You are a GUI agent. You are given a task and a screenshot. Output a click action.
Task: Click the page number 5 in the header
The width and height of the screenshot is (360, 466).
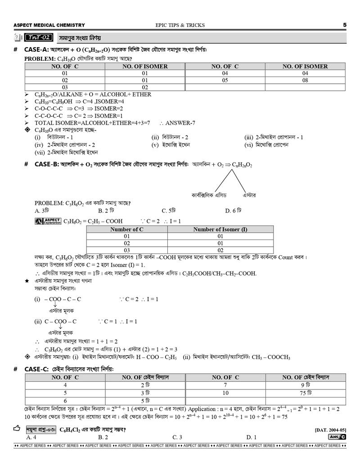click(344, 25)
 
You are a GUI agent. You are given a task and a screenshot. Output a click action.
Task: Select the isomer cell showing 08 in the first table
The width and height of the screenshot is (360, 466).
click(305, 80)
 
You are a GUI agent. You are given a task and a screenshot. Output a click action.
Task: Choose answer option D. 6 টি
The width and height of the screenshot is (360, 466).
click(233, 210)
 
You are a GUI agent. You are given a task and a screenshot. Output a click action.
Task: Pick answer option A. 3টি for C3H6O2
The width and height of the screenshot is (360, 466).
click(42, 210)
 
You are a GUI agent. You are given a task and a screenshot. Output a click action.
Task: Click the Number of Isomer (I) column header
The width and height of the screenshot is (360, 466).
click(220, 230)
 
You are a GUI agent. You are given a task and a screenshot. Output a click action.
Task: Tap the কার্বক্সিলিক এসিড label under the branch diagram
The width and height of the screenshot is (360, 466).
click(209, 195)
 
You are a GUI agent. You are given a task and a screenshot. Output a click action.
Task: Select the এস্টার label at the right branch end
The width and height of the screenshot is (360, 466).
click(249, 195)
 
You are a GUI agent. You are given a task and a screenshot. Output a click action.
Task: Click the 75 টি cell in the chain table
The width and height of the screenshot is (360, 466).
click(305, 393)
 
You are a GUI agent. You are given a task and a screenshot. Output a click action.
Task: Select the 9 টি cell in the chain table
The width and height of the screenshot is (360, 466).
click(305, 385)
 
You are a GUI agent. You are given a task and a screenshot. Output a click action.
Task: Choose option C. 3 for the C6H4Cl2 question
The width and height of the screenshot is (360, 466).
click(177, 437)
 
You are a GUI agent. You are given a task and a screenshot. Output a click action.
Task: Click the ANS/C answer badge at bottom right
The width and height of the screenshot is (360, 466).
click(337, 437)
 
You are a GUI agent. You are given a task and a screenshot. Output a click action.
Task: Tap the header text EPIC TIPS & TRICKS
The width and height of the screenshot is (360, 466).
click(173, 25)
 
